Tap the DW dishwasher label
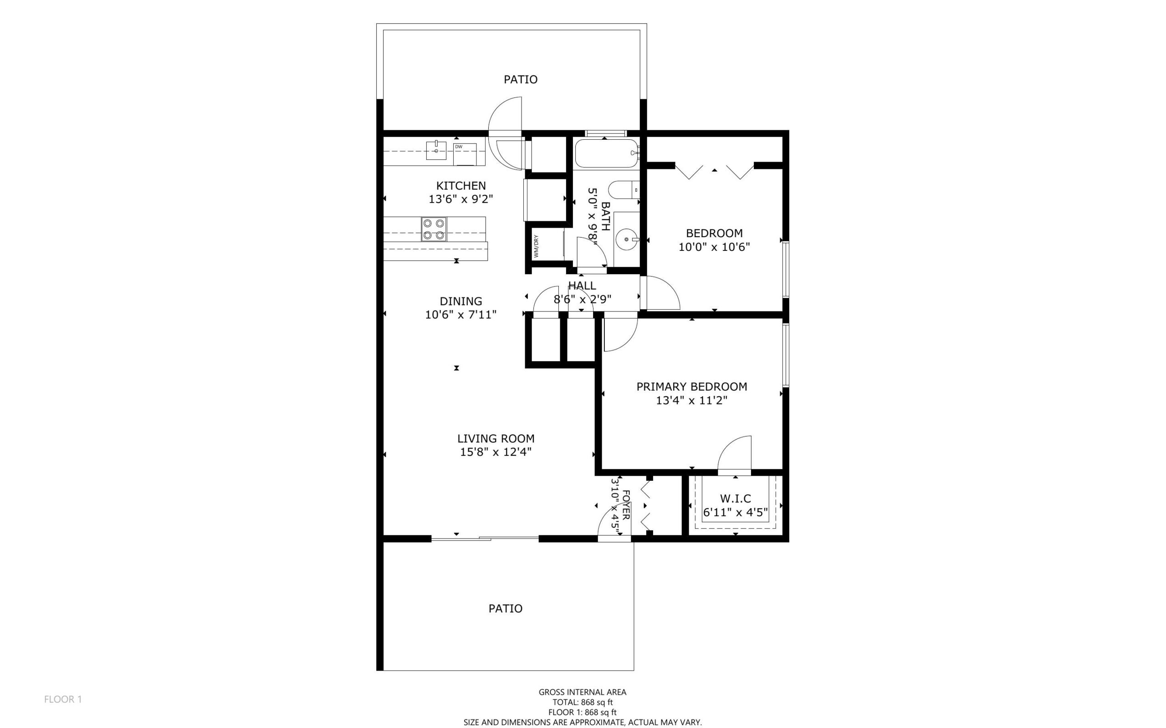[459, 146]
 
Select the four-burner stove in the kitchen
[434, 229]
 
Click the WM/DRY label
[536, 245]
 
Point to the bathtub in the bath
[606, 153]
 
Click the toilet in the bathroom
[623, 190]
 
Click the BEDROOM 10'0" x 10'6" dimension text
[714, 247]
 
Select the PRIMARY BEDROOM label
[691, 386]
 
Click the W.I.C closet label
[735, 499]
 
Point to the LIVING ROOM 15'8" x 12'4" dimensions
[496, 452]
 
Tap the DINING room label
[460, 301]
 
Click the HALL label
[582, 285]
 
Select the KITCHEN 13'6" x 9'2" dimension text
[461, 199]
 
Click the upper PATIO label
[520, 79]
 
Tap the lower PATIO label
[505, 608]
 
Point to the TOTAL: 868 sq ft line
[582, 702]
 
